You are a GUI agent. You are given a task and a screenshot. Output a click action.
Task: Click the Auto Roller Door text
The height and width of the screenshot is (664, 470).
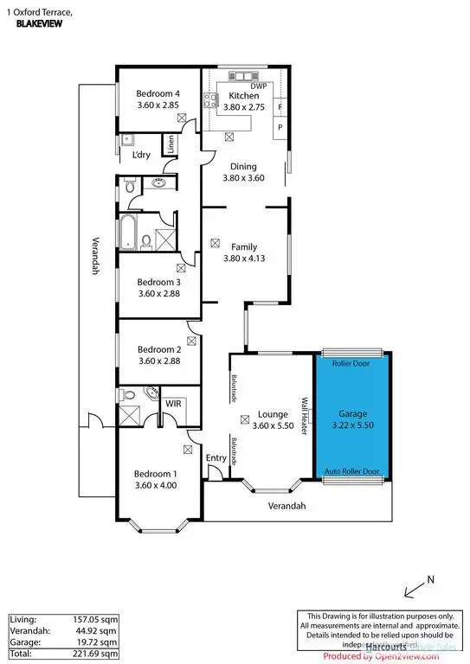351,472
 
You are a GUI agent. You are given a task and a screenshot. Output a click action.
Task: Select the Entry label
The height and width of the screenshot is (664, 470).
216,458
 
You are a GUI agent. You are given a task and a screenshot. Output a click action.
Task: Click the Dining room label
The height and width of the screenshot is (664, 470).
242,166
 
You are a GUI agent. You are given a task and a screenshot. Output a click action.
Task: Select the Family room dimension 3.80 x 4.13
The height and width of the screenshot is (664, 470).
243,258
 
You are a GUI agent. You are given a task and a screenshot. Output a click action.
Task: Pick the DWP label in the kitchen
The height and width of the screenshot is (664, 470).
258,86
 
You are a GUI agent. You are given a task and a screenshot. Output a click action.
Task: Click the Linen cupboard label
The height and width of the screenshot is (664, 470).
171,145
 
